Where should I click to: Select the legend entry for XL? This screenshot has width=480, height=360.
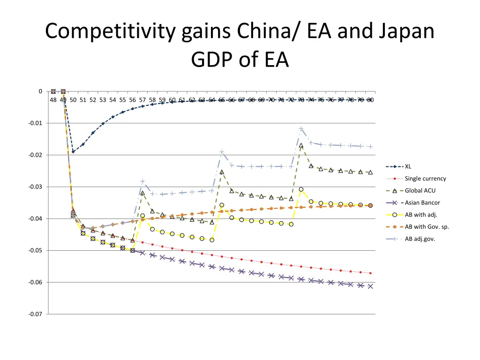[408, 166]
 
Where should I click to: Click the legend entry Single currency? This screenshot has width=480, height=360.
[425, 179]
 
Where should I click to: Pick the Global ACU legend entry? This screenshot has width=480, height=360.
[420, 190]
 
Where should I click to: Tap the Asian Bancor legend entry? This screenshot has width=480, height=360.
[422, 202]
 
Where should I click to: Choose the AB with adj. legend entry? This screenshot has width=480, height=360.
[421, 215]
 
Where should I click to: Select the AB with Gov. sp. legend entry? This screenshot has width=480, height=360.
[427, 227]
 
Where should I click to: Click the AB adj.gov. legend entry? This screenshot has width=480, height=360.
[420, 239]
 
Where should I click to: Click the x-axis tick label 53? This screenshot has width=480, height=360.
[103, 100]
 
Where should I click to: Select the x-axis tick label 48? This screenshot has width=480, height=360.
[53, 100]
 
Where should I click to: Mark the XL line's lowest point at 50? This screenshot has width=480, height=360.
[73, 152]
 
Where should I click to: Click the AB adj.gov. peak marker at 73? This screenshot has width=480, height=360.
[301, 129]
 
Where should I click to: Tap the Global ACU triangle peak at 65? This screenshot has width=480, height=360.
[222, 172]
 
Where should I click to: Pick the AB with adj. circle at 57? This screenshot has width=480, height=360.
[142, 216]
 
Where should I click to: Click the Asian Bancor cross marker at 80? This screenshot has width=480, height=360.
[370, 286]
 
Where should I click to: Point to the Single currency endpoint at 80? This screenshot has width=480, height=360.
[370, 273]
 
